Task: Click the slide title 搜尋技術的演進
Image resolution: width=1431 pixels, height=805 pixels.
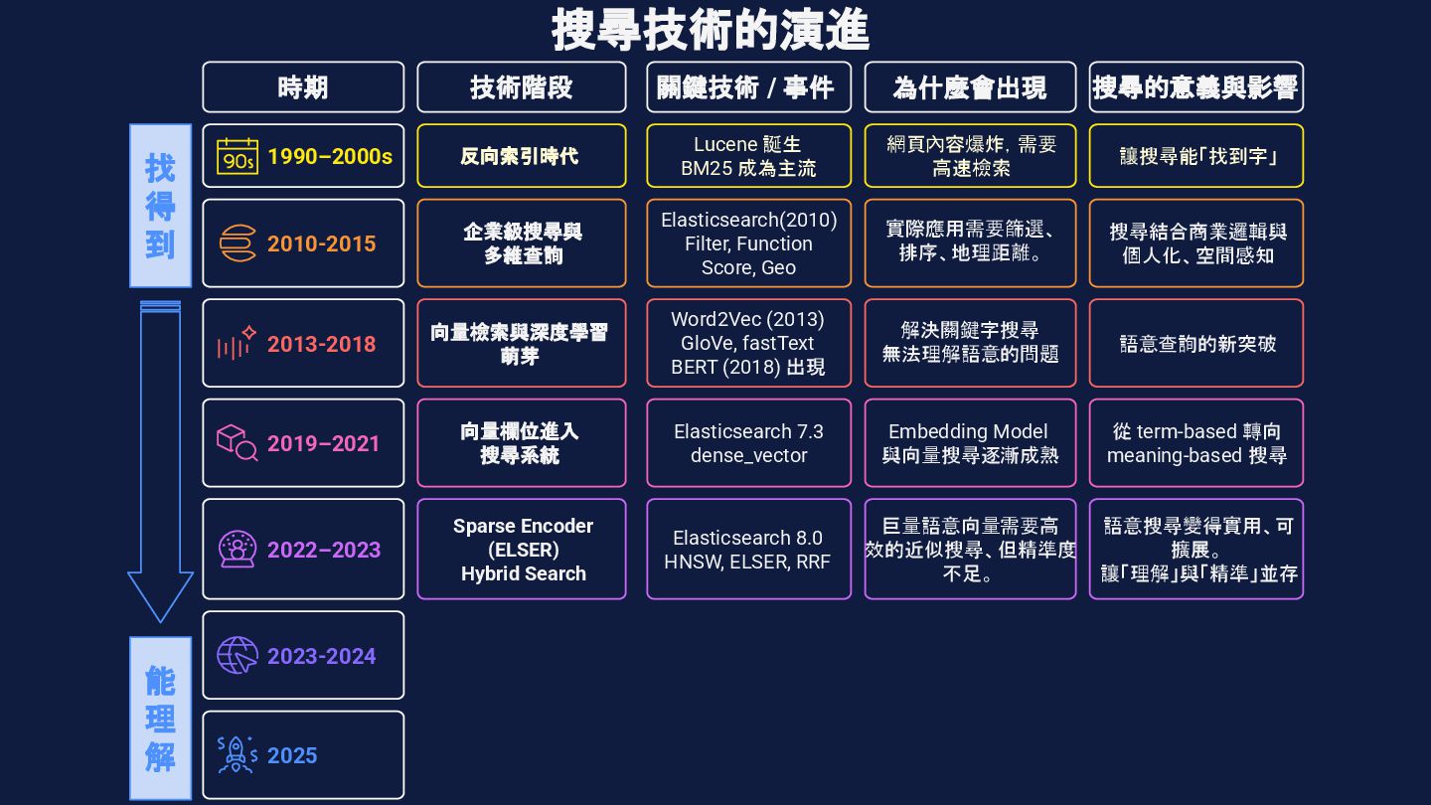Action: click(711, 30)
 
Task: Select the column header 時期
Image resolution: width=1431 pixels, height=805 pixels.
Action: click(303, 87)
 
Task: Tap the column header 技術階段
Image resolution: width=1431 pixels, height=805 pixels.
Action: click(522, 87)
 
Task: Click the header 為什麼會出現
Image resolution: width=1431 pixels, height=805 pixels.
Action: click(970, 87)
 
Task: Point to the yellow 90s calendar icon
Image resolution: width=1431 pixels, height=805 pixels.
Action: click(238, 156)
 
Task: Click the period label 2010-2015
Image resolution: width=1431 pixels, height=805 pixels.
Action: click(321, 243)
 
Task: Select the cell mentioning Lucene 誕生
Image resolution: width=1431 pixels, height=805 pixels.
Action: click(748, 156)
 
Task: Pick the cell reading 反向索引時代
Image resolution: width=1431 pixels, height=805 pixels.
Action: click(521, 156)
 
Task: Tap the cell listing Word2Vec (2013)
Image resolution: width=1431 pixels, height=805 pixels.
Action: click(748, 343)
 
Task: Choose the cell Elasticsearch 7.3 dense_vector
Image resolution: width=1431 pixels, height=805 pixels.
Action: click(748, 443)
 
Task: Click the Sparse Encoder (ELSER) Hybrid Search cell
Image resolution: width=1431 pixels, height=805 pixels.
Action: click(522, 550)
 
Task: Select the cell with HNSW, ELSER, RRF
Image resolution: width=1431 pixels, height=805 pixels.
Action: click(748, 550)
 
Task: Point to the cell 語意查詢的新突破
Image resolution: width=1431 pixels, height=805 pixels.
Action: click(1196, 343)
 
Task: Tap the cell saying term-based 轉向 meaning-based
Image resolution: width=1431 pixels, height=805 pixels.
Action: click(1196, 443)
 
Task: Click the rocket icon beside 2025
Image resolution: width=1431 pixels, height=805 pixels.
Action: click(238, 755)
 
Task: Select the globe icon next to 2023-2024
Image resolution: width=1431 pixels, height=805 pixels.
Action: click(238, 656)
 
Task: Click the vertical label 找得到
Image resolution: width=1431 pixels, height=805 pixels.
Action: click(160, 206)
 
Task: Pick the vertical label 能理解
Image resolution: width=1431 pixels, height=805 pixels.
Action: click(160, 719)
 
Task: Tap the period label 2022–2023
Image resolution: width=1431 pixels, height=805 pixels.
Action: click(323, 550)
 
